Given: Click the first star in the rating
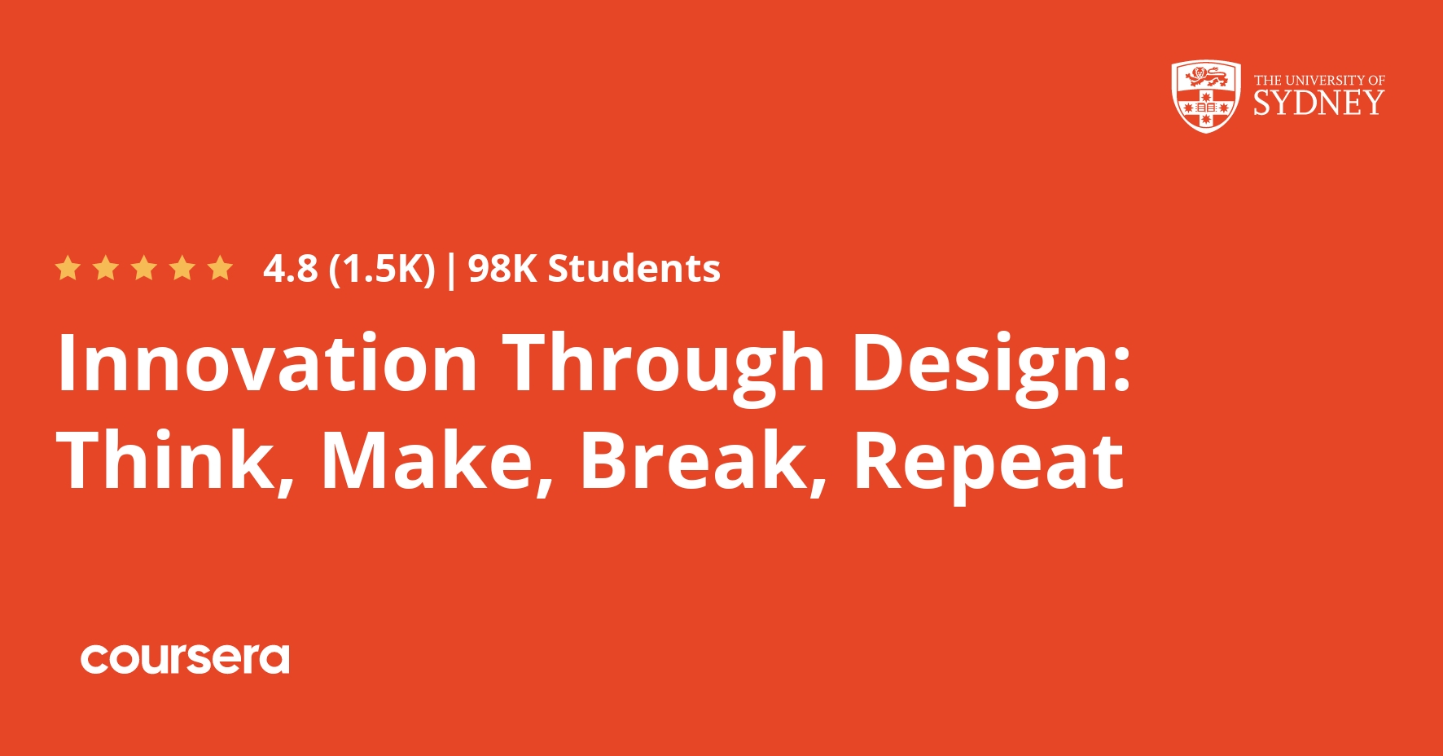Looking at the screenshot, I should pos(68,268).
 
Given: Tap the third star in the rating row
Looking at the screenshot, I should pos(144,268).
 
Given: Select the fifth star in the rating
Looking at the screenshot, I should pos(220,268).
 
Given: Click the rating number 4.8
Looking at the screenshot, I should pos(290,269).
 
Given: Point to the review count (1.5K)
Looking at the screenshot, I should pos(382,269).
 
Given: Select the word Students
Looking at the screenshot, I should pos(634,269).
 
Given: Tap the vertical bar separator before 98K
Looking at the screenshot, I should pos(452,270).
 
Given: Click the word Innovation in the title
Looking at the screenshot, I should pos(267,363).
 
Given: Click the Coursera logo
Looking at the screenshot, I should pos(185,659).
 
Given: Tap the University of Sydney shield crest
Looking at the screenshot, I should pos(1206,96).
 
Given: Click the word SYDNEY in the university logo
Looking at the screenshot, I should pos(1318,103).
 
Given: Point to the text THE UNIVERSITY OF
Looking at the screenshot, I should pos(1319,80).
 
